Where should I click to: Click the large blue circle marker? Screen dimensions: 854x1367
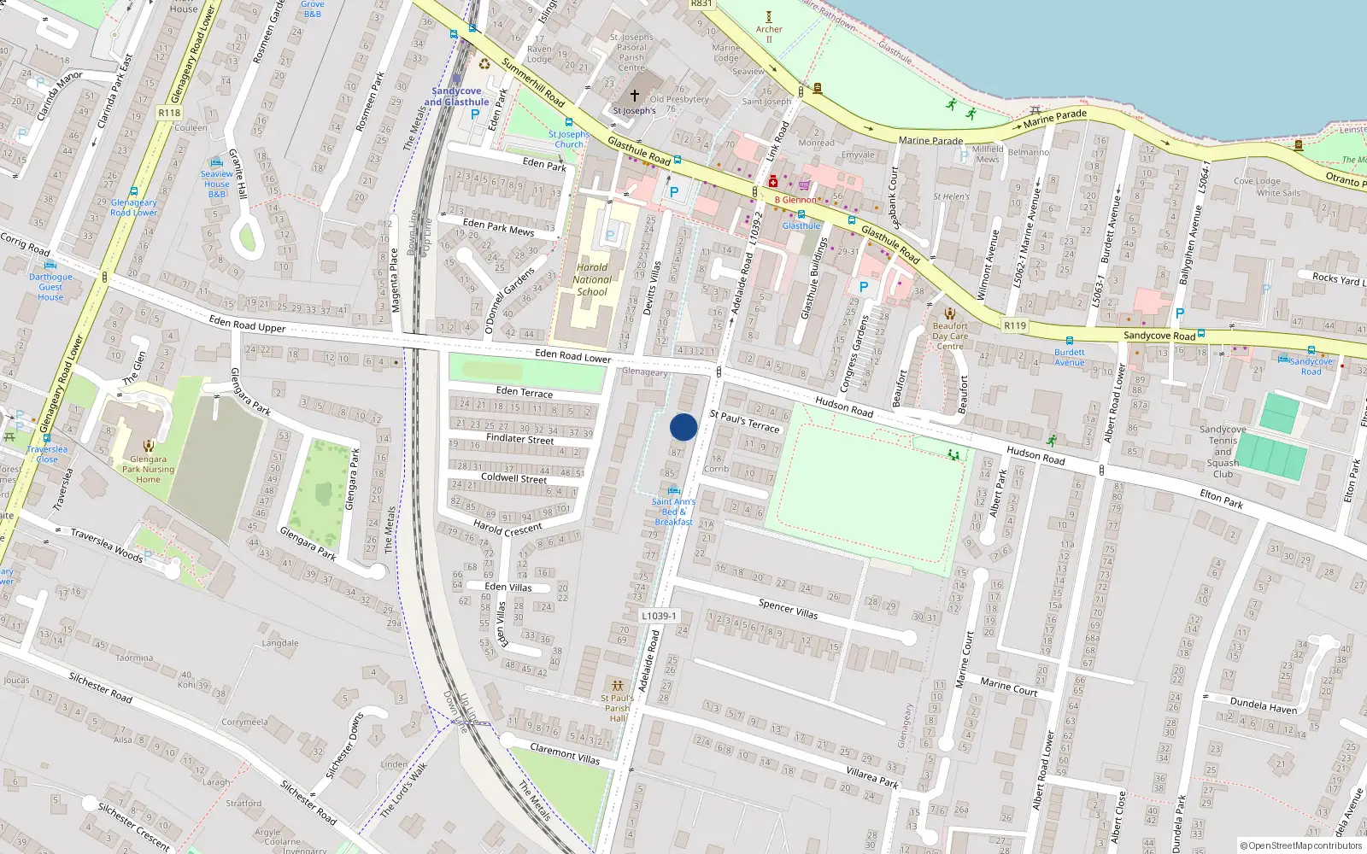(683, 427)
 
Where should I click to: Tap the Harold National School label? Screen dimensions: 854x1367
(592, 279)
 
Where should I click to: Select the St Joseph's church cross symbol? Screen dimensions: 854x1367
(634, 95)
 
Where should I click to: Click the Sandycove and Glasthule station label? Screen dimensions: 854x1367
(457, 97)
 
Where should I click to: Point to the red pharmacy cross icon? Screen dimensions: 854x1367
(773, 182)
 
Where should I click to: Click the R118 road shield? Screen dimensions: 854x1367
(169, 113)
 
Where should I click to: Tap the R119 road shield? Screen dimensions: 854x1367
(1015, 325)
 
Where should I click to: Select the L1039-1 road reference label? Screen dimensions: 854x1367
(659, 616)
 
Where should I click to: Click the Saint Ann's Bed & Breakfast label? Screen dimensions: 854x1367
(674, 512)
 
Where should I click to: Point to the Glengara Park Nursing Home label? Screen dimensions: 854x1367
(148, 469)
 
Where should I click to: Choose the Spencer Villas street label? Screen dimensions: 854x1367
(788, 609)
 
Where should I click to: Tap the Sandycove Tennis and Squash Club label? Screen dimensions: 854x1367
(1223, 452)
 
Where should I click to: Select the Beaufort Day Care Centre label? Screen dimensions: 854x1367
(950, 336)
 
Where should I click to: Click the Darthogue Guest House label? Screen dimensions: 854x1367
(50, 287)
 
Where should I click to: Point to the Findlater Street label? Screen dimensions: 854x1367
(519, 439)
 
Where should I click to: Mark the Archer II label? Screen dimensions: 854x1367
(769, 33)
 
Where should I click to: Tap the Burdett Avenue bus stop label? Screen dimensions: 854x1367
(1069, 357)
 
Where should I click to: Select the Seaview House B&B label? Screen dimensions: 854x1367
(217, 184)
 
